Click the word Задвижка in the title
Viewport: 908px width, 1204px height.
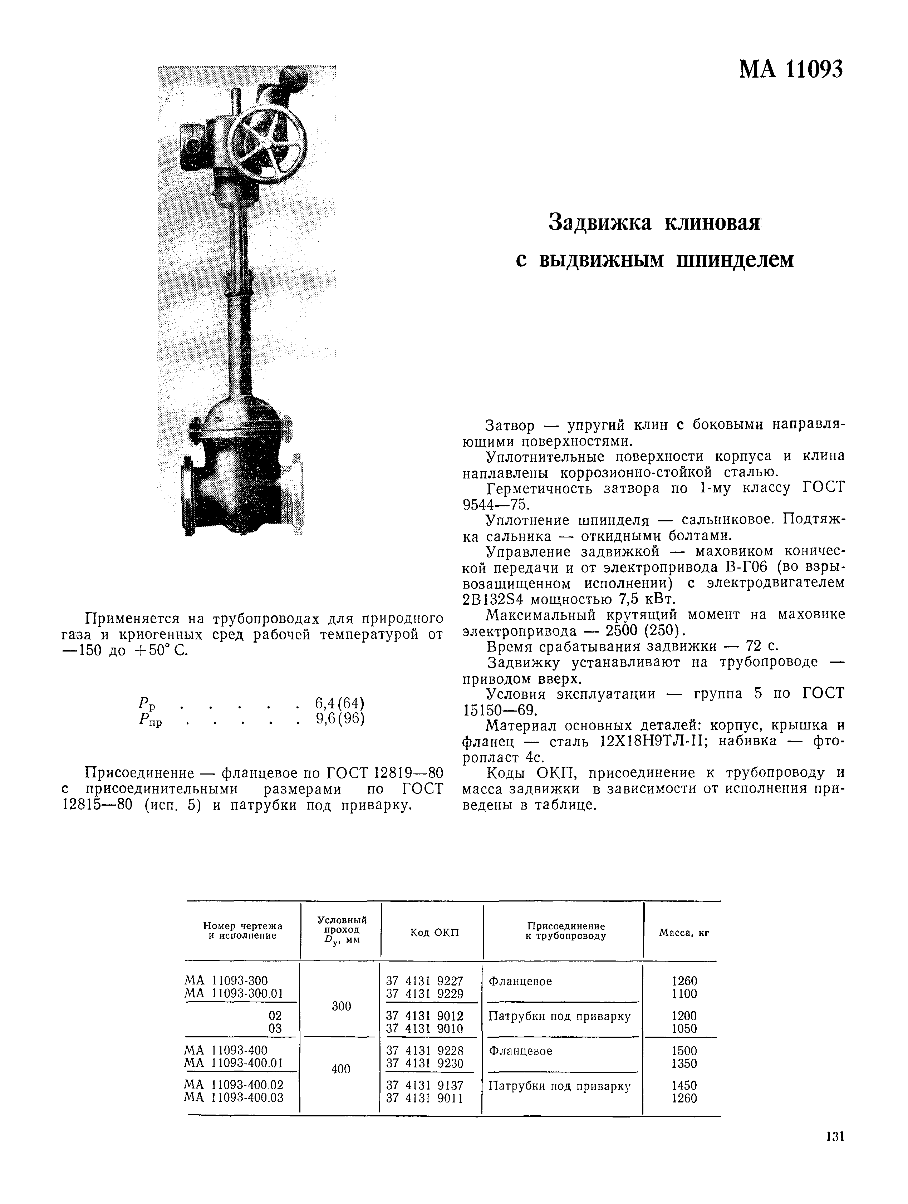(x=599, y=223)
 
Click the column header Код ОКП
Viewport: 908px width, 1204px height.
(x=434, y=932)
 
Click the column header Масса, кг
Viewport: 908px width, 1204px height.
(x=684, y=932)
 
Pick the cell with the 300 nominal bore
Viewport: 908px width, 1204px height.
(x=341, y=1006)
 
